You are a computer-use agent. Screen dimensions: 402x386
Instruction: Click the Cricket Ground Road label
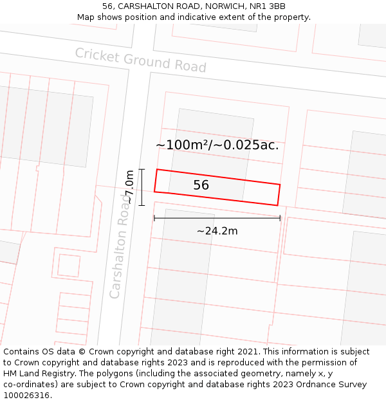140,60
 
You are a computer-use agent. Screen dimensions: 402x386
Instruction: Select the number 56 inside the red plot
201,185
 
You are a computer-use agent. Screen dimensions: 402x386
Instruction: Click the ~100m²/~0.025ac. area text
217,145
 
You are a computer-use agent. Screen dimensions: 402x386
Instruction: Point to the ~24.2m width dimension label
217,231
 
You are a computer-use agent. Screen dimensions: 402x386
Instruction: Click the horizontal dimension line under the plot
217,219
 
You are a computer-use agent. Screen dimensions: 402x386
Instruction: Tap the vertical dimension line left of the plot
142,187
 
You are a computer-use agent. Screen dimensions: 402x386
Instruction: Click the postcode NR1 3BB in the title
268,6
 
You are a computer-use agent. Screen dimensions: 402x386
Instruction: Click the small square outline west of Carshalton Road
69,265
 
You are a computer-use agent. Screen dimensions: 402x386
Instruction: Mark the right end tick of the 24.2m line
280,219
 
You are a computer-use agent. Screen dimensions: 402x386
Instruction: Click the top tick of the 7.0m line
142,169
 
